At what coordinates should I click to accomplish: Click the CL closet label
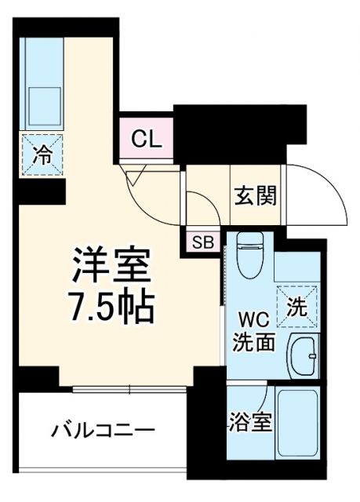click(147, 140)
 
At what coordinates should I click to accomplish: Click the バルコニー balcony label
click(104, 430)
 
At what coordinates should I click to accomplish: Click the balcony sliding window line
click(129, 387)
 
